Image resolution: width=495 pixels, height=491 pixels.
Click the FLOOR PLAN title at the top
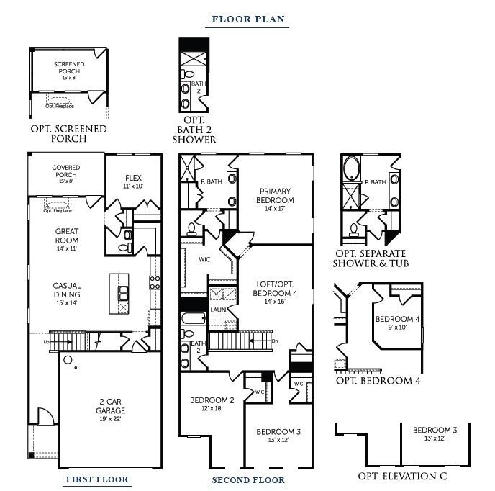tap(247, 19)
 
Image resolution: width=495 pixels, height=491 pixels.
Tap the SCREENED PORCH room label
tap(69, 68)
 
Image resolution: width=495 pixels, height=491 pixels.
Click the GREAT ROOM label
tap(66, 235)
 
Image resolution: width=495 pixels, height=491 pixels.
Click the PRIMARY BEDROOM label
tap(276, 196)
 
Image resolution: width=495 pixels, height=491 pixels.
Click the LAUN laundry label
tap(219, 310)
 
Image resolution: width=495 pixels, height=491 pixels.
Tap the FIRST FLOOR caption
tap(97, 479)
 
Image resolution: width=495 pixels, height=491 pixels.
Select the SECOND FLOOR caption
tap(248, 479)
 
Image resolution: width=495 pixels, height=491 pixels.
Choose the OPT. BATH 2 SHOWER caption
tap(194, 129)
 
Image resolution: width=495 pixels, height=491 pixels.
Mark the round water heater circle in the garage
tap(68, 359)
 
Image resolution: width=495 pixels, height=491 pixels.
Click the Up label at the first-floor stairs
tap(47, 342)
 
